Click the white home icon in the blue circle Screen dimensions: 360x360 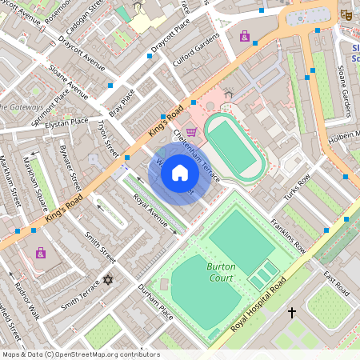pyautogui.click(x=180, y=173)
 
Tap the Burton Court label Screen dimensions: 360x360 pyautogui.click(x=221, y=271)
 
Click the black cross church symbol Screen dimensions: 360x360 pyautogui.click(x=292, y=311)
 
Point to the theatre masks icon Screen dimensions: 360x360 pyautogui.click(x=346, y=14)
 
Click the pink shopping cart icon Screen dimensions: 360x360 pyautogui.click(x=191, y=132)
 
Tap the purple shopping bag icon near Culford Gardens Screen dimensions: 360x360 pyautogui.click(x=244, y=36)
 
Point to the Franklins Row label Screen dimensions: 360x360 pyautogui.click(x=288, y=236)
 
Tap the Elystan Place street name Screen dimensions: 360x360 pyautogui.click(x=68, y=122)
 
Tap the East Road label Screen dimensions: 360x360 pyautogui.click(x=336, y=282)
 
